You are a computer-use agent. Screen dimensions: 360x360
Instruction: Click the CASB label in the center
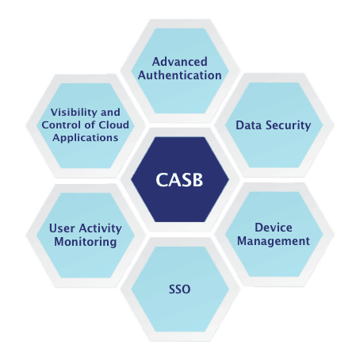(180, 180)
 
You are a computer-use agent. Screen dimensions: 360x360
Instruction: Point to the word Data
(249, 125)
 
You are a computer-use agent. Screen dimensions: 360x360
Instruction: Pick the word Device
(273, 227)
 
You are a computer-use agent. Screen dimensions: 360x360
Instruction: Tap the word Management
(273, 241)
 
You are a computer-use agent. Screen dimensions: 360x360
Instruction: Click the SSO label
(180, 289)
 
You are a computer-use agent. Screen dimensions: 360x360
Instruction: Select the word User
(62, 228)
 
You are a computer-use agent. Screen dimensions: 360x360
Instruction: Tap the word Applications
(85, 137)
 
